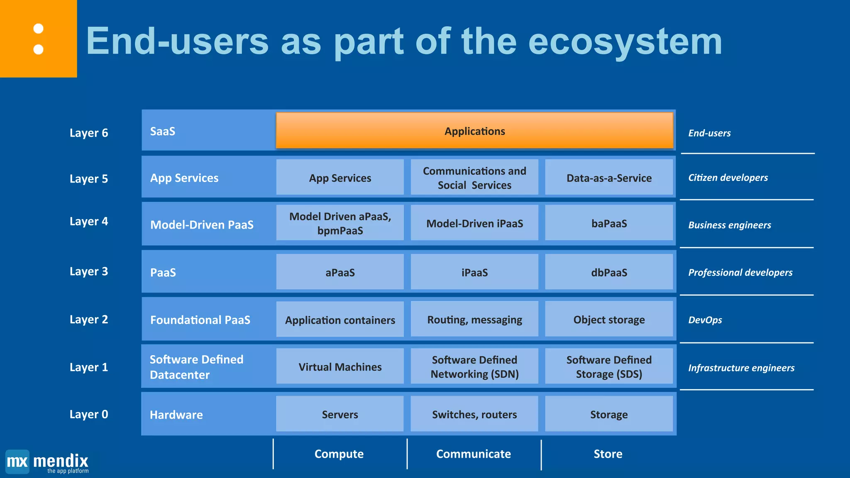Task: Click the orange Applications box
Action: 474,131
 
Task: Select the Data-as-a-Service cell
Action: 609,178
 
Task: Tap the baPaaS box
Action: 609,223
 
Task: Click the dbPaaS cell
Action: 609,272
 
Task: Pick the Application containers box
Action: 340,319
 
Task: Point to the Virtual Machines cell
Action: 340,367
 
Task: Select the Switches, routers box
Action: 474,414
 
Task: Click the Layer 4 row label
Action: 89,221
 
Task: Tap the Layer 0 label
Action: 89,414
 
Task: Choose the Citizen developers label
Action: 728,178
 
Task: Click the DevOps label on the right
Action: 705,320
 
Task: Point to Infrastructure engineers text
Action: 741,368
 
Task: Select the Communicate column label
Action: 474,454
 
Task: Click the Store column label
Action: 608,454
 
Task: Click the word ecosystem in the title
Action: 625,41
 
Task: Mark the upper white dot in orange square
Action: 38,29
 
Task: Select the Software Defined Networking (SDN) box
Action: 474,367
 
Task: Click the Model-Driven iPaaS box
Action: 474,223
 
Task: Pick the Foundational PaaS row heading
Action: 200,320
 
